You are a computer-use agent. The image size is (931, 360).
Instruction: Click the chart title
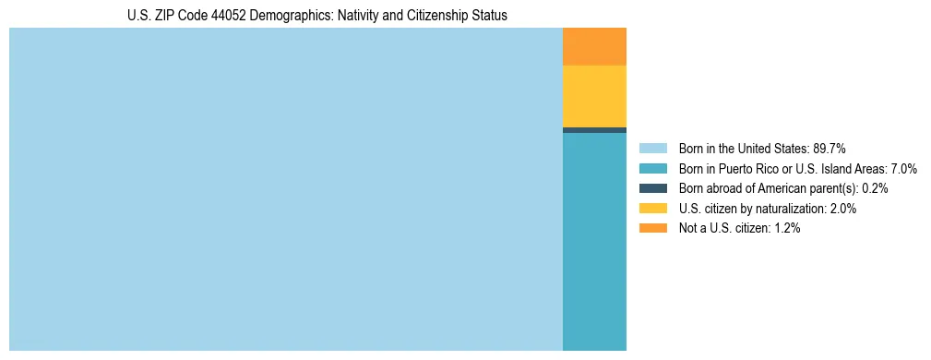pyautogui.click(x=317, y=16)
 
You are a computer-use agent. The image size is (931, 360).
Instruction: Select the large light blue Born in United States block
pyautogui.click(x=285, y=189)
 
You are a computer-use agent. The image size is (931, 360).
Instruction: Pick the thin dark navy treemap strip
pyautogui.click(x=594, y=130)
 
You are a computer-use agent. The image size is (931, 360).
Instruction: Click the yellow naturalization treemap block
pyautogui.click(x=594, y=96)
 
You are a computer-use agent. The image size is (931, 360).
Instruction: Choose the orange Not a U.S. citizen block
pyautogui.click(x=594, y=46)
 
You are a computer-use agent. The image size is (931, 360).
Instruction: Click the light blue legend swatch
pyautogui.click(x=653, y=149)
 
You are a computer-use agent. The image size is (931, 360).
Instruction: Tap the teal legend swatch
pyautogui.click(x=653, y=169)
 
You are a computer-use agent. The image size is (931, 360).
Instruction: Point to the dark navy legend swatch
pyautogui.click(x=653, y=188)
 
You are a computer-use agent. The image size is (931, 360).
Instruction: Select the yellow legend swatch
pyautogui.click(x=653, y=209)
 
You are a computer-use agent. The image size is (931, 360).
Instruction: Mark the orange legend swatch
pyautogui.click(x=653, y=228)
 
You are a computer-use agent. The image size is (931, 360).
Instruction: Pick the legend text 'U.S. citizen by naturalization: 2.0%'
pyautogui.click(x=768, y=209)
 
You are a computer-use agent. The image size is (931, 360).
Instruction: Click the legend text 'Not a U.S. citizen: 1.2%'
pyautogui.click(x=739, y=228)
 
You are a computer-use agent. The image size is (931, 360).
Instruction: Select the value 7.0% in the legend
pyautogui.click(x=902, y=169)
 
